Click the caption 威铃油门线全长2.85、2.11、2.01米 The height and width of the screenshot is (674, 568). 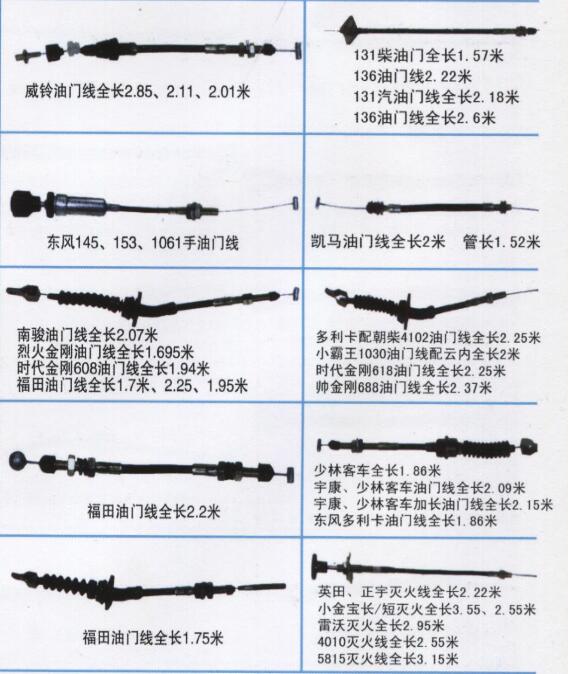point(137,92)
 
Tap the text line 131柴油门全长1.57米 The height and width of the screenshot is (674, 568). point(428,55)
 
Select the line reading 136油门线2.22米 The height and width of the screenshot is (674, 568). point(412,76)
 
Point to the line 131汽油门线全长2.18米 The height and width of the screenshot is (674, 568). point(436,97)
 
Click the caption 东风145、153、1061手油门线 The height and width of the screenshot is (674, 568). point(143,243)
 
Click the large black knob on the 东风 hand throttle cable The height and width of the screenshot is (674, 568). point(25,204)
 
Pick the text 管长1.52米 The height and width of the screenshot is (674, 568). point(501,242)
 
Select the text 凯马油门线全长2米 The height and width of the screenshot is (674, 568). point(378,242)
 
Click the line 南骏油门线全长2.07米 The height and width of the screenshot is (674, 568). point(87,334)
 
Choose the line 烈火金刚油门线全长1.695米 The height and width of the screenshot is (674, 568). point(106,352)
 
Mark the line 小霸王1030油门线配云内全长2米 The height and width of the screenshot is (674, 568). point(418,354)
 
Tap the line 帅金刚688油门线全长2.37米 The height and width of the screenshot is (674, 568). point(403,388)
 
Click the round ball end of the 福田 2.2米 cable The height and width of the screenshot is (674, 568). point(18,460)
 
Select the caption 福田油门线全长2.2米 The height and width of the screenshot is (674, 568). point(154,512)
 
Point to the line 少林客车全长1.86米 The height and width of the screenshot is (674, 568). point(377,471)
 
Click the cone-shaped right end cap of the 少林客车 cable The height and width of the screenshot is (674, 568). point(528,447)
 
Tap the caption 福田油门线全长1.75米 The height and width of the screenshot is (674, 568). point(153,637)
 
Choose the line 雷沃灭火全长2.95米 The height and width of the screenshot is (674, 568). point(381,625)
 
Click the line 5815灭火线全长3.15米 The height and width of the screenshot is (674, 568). point(388,658)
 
